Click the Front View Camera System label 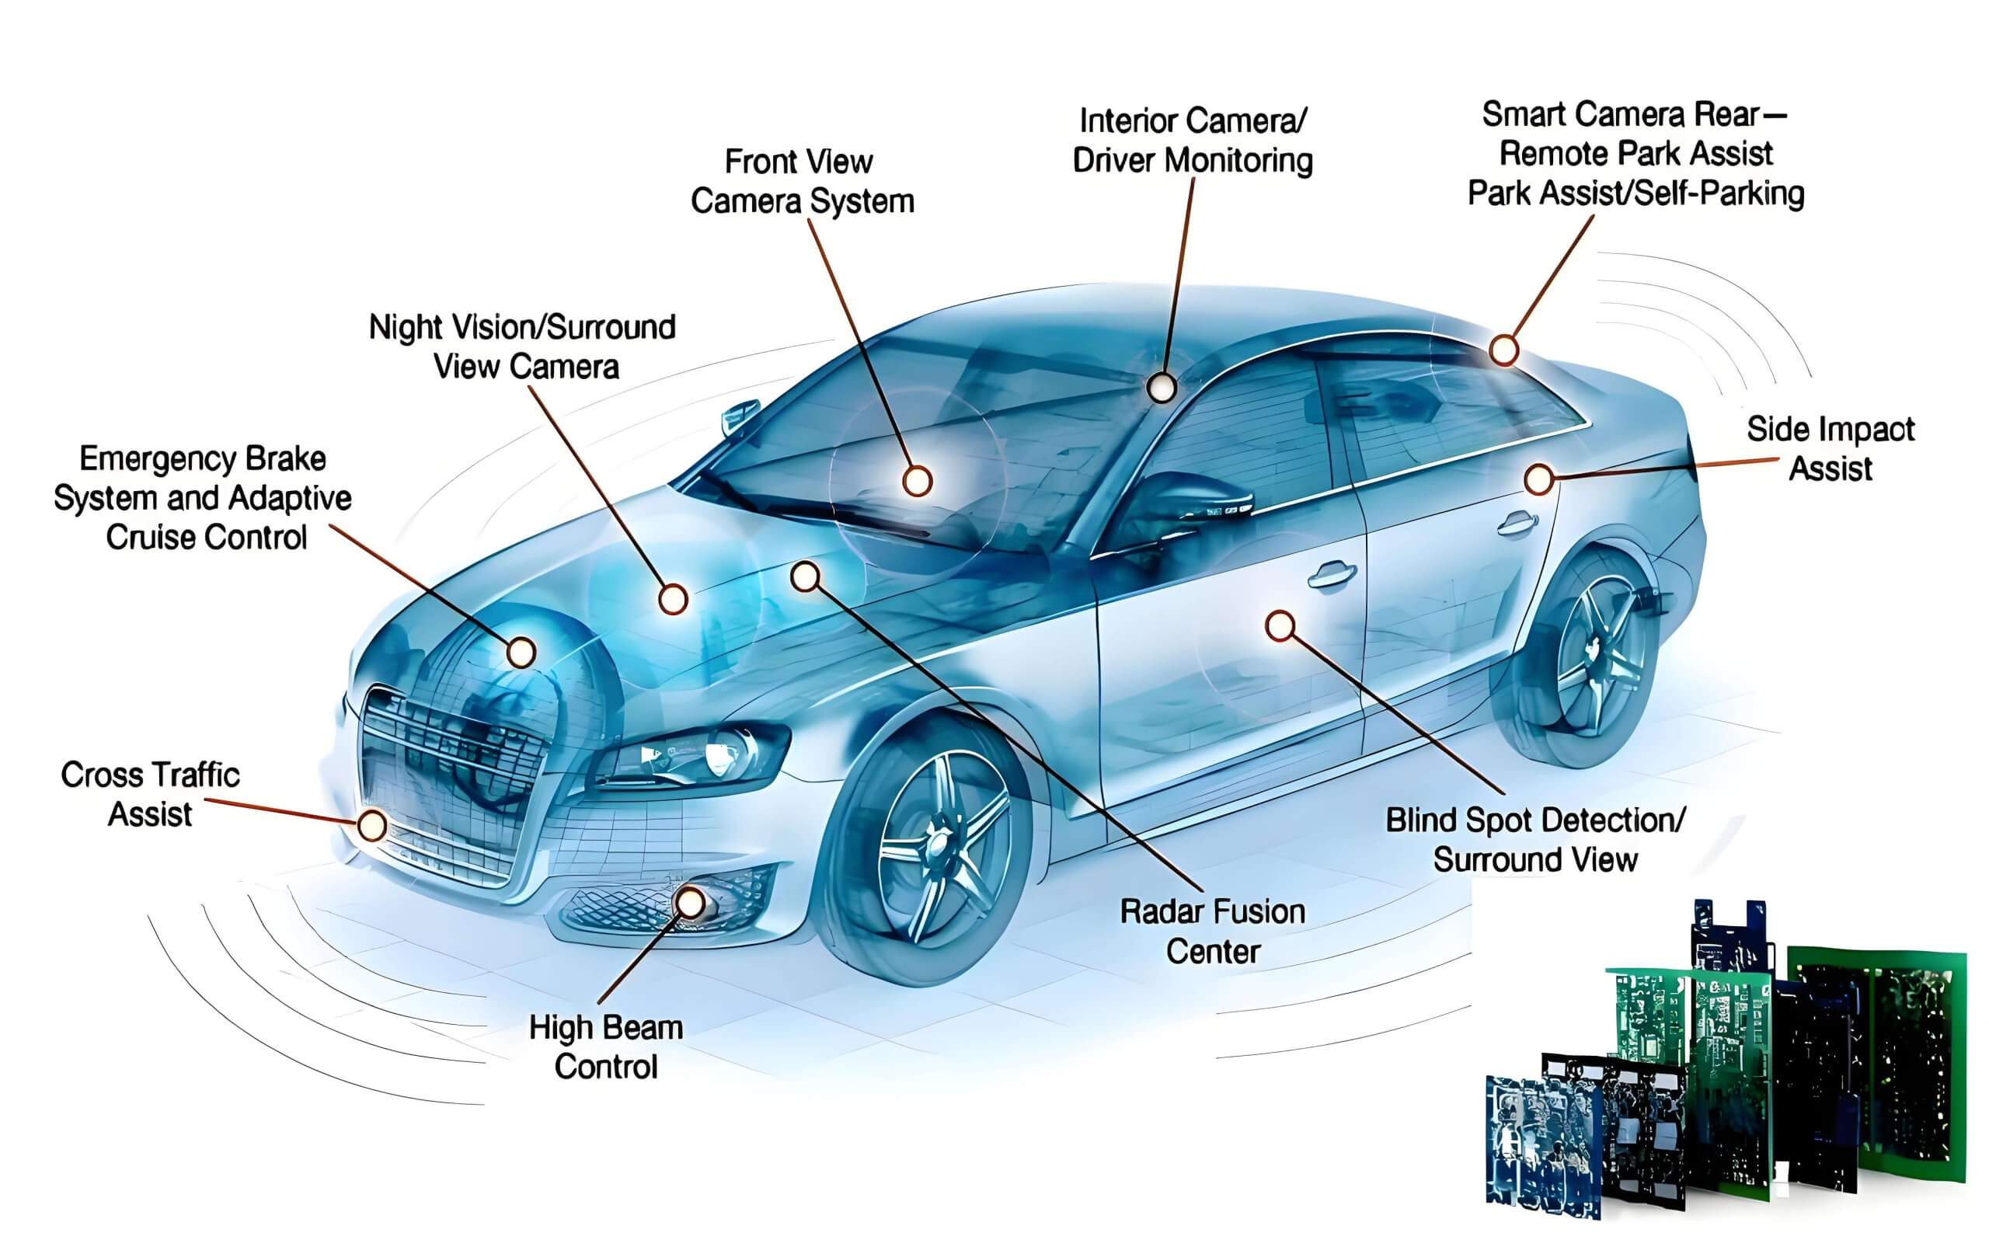pyautogui.click(x=802, y=181)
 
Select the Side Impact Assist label pyautogui.click(x=1831, y=448)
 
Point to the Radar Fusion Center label pyautogui.click(x=1213, y=932)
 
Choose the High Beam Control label pyautogui.click(x=606, y=1047)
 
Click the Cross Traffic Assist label pyautogui.click(x=150, y=795)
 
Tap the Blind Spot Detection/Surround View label pyautogui.click(x=1534, y=840)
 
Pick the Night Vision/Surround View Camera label pyautogui.click(x=522, y=347)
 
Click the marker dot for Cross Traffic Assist pyautogui.click(x=372, y=826)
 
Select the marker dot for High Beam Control pyautogui.click(x=691, y=903)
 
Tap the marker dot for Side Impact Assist pyautogui.click(x=1539, y=479)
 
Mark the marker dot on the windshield pyautogui.click(x=917, y=481)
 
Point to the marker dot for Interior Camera pyautogui.click(x=1161, y=387)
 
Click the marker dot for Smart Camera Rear pyautogui.click(x=1503, y=350)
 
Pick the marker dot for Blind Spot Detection pyautogui.click(x=1280, y=626)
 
